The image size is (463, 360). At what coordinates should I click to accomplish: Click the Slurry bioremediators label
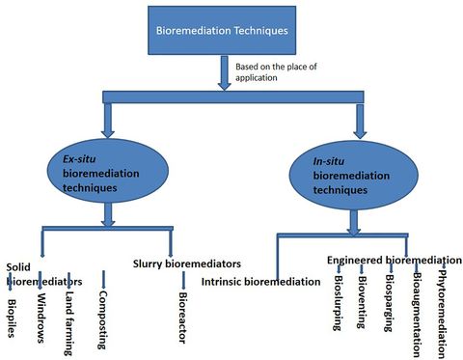click(x=185, y=263)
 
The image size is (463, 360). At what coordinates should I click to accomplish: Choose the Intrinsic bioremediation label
click(x=260, y=282)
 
